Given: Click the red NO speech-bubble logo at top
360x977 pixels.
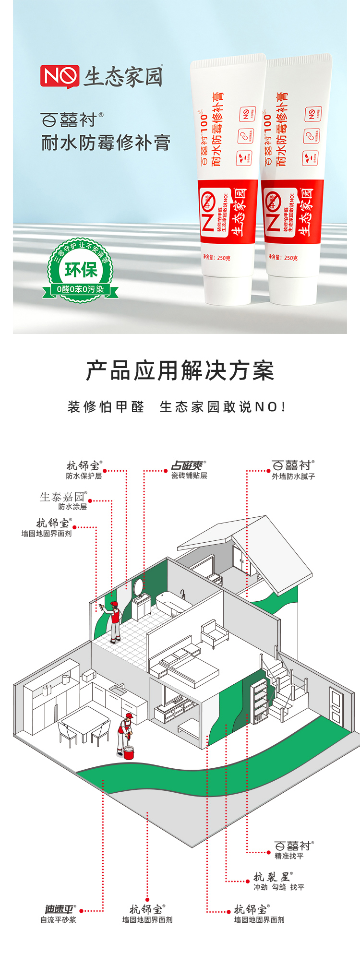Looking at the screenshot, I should coord(60,76).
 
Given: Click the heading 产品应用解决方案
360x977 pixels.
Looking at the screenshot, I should coord(180,371).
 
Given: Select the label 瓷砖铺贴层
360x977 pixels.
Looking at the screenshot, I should coord(189,476).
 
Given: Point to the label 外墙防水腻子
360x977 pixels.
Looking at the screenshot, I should coord(293,477).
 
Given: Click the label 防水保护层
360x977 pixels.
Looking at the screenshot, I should coord(84,476).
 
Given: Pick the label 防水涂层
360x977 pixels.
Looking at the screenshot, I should coord(72,507).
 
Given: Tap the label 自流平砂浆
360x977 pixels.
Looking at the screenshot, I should coord(58,920).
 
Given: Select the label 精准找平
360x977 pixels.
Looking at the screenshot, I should coord(289,856).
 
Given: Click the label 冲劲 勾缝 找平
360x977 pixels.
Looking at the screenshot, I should coord(279,887).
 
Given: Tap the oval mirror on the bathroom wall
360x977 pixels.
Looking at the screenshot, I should coord(138,586).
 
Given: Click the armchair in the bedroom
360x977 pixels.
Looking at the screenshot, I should coord(214,633).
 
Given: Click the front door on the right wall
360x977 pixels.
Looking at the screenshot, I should coord(336,705).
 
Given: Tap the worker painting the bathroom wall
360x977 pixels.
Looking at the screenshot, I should coord(114,621).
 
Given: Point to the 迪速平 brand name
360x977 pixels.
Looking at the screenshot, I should coord(59,909).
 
